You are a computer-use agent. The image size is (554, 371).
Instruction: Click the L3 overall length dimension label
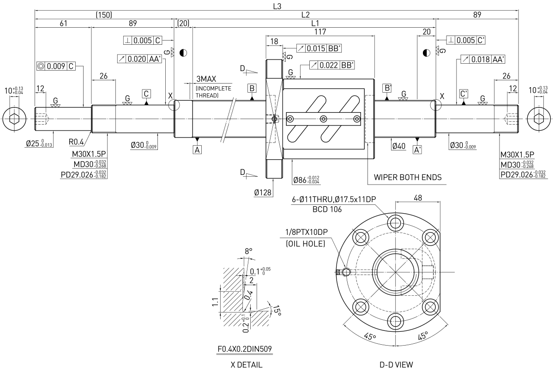[277, 6]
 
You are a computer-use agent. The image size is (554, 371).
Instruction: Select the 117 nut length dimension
[320, 32]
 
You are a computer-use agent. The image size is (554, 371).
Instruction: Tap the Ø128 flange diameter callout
[263, 192]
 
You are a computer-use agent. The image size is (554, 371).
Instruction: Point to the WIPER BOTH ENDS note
[408, 177]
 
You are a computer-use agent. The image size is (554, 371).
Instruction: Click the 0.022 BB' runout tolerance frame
[332, 65]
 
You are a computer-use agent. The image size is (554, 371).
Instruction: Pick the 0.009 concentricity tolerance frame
[56, 66]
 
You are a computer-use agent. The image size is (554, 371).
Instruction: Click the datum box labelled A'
[417, 150]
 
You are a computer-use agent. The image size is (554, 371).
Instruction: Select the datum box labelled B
[252, 88]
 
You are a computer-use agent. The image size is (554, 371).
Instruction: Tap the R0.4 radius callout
[76, 142]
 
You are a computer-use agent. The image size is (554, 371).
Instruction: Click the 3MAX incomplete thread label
[206, 79]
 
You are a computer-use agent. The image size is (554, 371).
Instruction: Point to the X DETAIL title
[247, 365]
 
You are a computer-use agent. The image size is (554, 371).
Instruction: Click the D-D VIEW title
[396, 365]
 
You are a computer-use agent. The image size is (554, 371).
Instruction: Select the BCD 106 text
[327, 209]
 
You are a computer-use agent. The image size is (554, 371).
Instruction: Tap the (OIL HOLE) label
[306, 244]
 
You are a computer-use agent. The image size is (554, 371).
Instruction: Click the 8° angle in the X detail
[248, 251]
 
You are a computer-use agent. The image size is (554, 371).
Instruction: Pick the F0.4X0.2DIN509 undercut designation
[245, 349]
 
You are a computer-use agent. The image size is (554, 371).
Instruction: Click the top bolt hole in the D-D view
[396, 223]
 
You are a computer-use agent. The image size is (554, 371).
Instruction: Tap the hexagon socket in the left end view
[14, 119]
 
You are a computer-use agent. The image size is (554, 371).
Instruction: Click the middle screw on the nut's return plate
[324, 119]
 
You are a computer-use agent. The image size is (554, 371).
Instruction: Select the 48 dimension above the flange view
[418, 198]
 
